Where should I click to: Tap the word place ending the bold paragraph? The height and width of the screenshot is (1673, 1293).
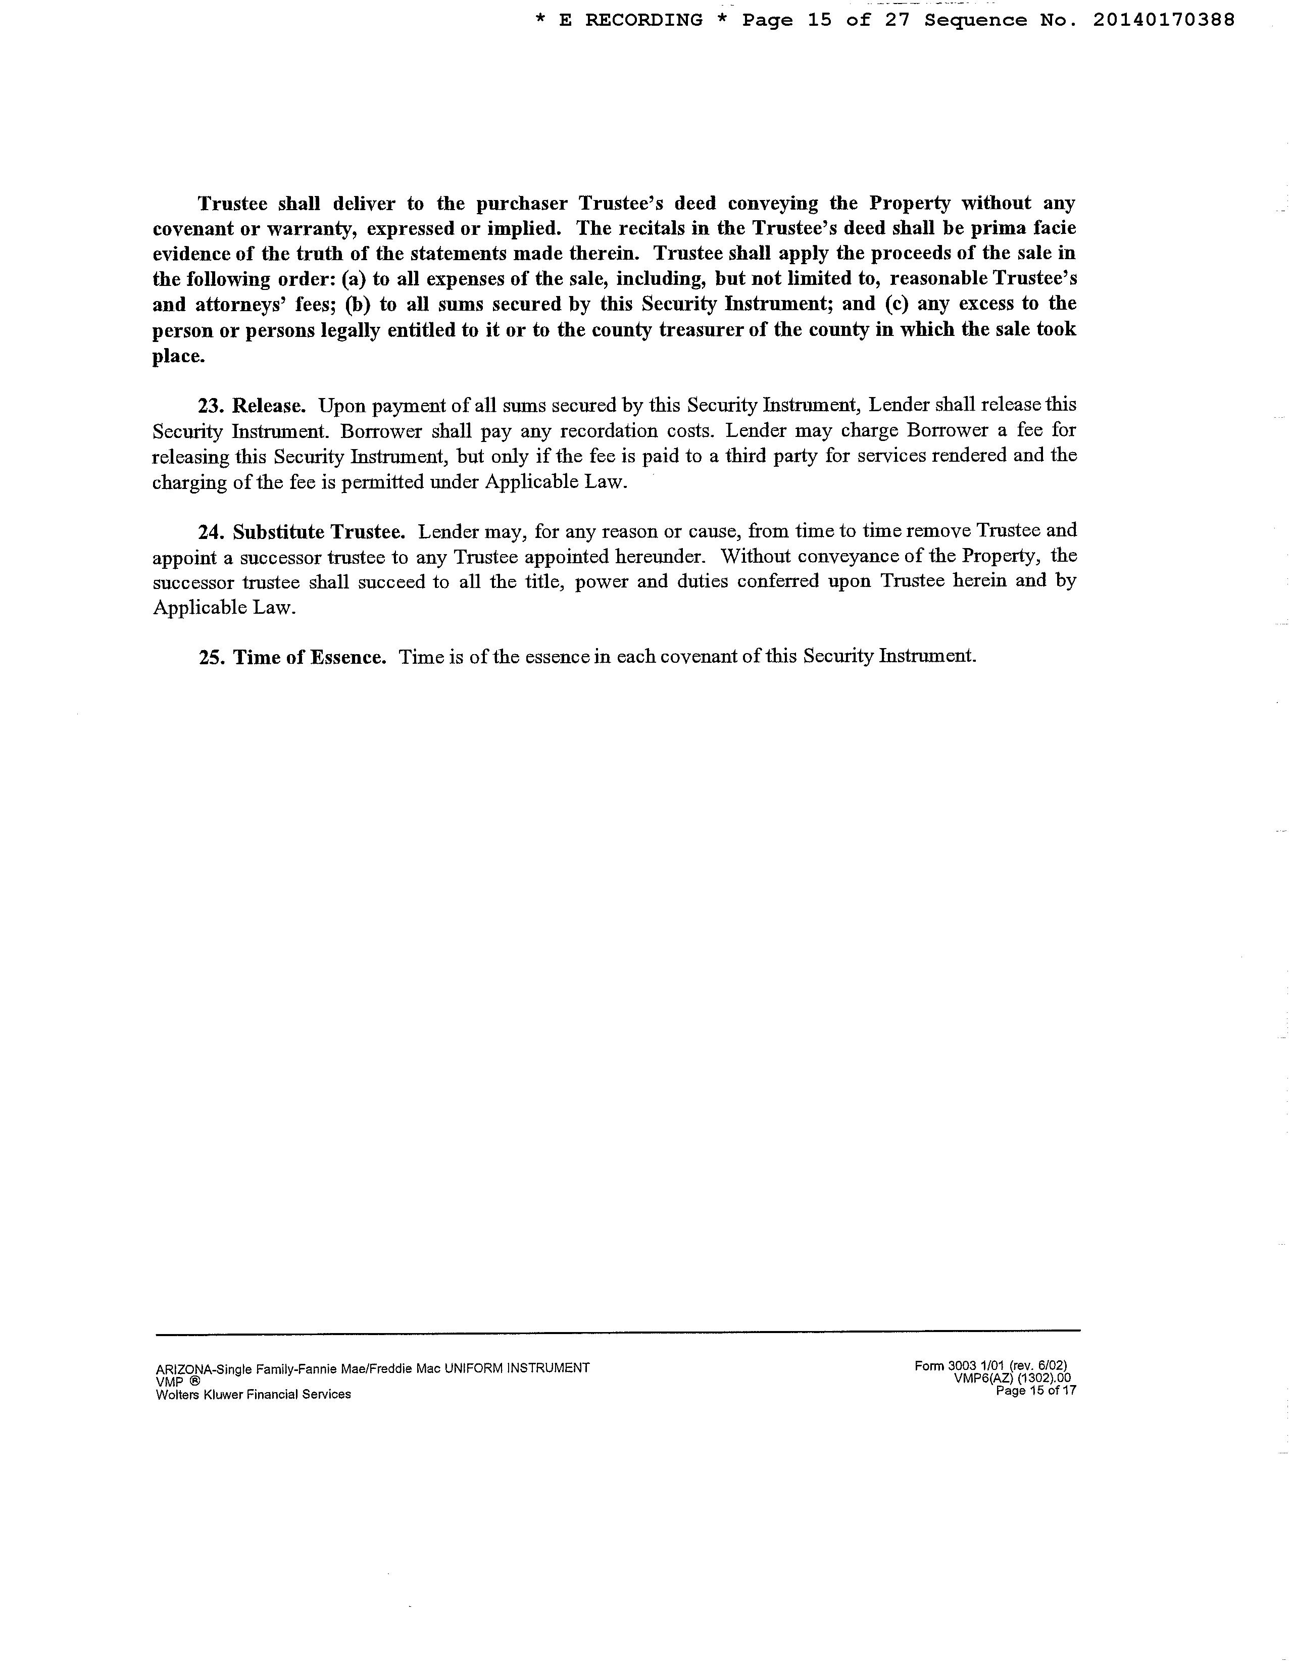tap(178, 356)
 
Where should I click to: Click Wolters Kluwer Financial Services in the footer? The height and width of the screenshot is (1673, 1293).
tap(254, 1394)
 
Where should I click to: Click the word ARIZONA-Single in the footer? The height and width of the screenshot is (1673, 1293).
tap(194, 1369)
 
